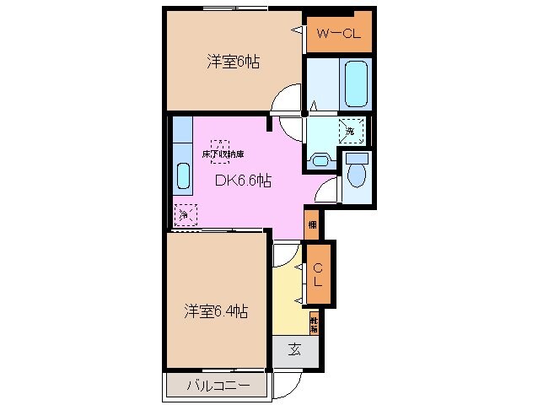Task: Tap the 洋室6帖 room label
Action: [x=233, y=62]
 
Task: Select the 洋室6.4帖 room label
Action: [x=217, y=311]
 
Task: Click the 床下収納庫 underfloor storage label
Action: [x=222, y=154]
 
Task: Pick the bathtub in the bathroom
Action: [x=355, y=83]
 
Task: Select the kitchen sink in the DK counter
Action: [x=183, y=176]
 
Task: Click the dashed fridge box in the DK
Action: [x=185, y=215]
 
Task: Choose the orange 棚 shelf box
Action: [x=313, y=224]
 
